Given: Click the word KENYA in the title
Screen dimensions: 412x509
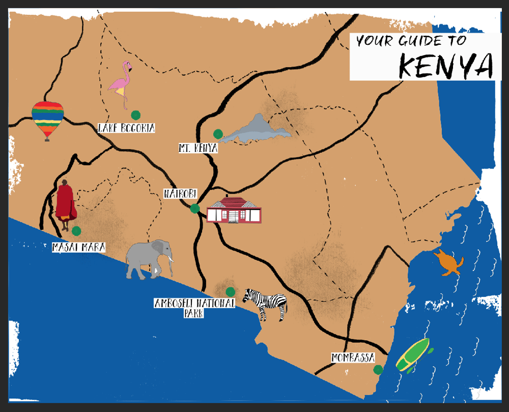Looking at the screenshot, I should [x=446, y=65].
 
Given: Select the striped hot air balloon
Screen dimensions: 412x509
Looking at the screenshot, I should [x=47, y=119].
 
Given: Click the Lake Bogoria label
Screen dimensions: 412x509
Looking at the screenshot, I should [x=126, y=128].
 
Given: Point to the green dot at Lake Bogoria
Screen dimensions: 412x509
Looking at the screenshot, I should [x=135, y=115].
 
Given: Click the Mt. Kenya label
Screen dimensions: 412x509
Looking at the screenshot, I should [x=198, y=148].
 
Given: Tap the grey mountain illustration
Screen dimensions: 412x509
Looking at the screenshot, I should [x=257, y=130].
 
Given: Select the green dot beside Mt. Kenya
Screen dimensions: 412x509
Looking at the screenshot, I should [x=218, y=134].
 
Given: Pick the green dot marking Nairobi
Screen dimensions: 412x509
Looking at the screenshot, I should [x=194, y=208].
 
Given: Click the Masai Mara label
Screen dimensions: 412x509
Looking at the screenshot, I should [x=79, y=248].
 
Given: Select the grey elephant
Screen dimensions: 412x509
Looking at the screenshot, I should [x=149, y=259].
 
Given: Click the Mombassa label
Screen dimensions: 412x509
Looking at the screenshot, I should [x=353, y=357].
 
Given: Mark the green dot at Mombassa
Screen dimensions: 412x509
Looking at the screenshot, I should [x=378, y=370].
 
